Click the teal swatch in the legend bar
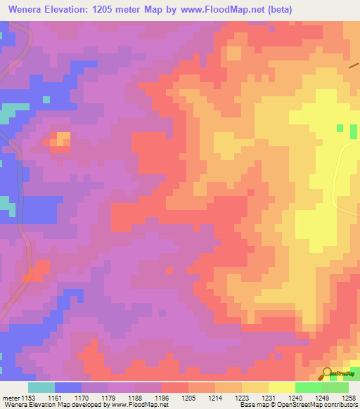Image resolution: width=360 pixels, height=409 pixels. (x=41, y=387)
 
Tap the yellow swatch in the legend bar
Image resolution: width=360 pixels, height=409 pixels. (x=282, y=387)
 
